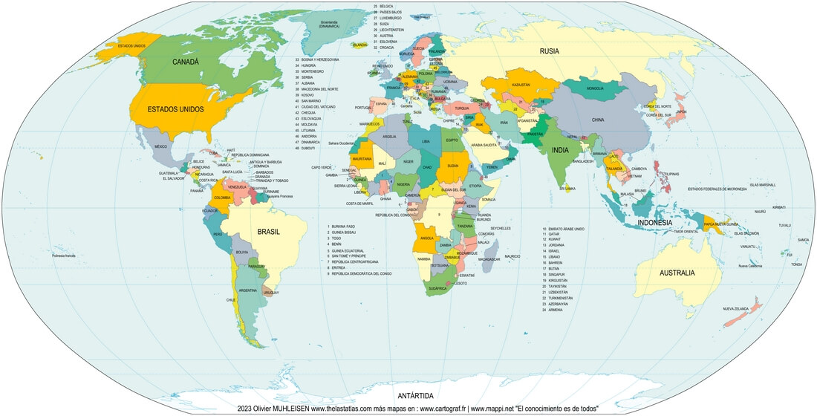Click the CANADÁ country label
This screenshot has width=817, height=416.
pos(186,62)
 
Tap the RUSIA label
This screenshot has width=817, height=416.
pos(549,51)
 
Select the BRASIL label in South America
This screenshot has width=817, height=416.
pos(268,232)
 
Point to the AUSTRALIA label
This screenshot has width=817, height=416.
pos(677,273)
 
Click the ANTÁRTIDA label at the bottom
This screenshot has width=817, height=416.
pos(415,395)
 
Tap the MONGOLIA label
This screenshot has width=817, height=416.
pos(595,88)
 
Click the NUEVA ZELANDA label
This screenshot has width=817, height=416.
pos(738,308)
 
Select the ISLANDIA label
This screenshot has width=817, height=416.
pos(361,45)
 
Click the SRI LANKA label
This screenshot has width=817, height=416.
pos(567,189)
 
